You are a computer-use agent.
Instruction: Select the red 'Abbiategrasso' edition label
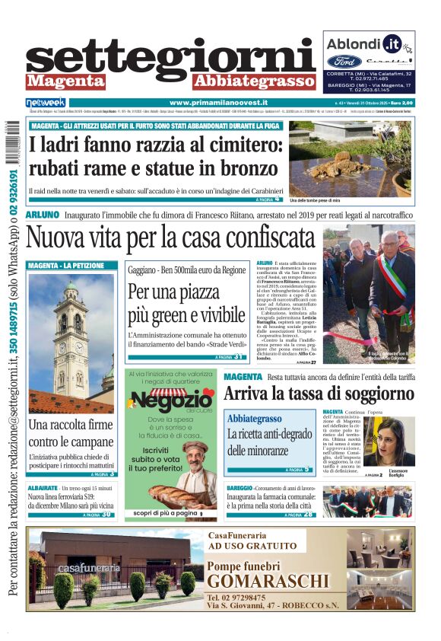[x=243, y=81]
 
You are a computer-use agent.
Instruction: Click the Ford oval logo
[x=344, y=61]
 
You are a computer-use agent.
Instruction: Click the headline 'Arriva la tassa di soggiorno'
[x=318, y=394]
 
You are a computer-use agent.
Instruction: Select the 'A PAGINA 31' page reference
[x=228, y=356]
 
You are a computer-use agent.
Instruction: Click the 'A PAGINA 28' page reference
[x=297, y=515]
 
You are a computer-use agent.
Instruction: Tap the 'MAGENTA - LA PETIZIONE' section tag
[x=62, y=266]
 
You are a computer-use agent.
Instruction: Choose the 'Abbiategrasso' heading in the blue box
[x=255, y=419]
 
